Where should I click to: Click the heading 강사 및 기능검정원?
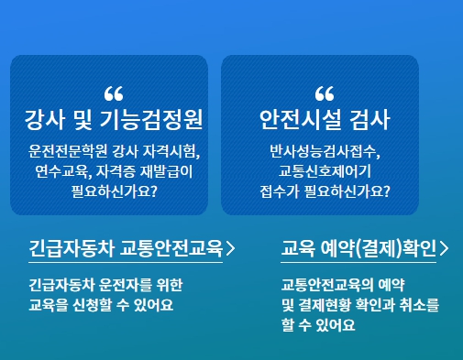(114, 120)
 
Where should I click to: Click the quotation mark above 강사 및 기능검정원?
(114, 93)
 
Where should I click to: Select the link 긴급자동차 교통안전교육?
(126, 248)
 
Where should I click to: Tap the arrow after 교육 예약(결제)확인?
(444, 248)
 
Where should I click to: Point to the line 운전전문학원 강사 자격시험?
(114, 150)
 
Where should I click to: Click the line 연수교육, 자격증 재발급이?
(114, 170)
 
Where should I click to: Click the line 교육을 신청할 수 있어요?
(101, 303)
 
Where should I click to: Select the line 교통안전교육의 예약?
(344, 283)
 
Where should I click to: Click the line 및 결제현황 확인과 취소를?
(360, 303)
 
